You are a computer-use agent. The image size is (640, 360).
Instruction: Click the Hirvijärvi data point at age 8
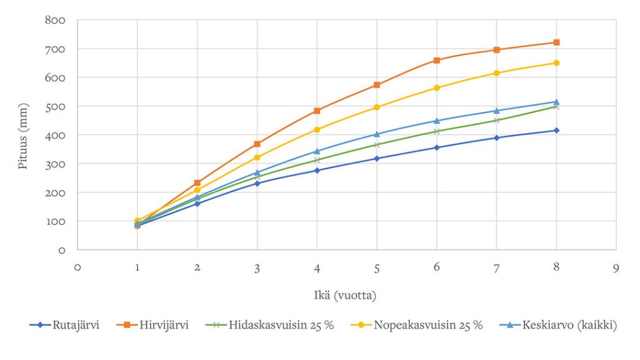click(x=556, y=42)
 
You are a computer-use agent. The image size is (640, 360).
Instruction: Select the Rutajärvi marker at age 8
click(x=556, y=131)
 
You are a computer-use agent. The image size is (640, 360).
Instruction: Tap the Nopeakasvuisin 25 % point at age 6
click(x=436, y=88)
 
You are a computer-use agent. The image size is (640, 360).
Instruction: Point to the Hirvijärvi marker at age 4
click(x=317, y=111)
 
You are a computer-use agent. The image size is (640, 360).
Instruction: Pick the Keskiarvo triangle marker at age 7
click(x=496, y=111)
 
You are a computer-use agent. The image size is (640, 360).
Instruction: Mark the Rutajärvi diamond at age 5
click(x=376, y=159)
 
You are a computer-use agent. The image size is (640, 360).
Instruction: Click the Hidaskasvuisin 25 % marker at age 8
click(x=556, y=107)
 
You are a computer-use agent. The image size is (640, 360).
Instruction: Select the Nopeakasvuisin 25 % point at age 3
click(x=257, y=157)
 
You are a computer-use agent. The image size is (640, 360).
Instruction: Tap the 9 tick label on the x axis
click(x=616, y=267)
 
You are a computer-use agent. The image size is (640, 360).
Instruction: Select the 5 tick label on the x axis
click(x=376, y=267)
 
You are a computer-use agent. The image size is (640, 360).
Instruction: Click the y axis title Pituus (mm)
click(x=23, y=135)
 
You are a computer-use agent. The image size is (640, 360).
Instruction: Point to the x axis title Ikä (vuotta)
click(x=346, y=294)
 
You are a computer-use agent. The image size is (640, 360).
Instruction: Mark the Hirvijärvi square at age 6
click(x=436, y=61)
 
